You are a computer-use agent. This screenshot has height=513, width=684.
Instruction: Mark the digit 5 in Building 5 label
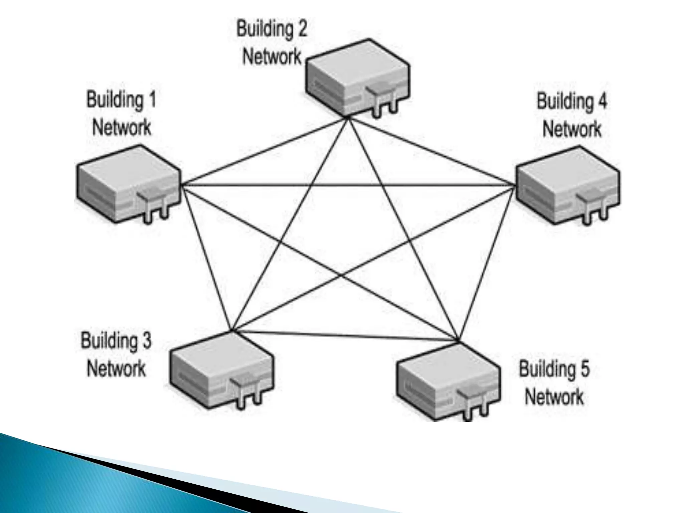[585, 369]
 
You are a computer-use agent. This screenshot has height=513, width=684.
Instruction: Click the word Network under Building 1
[122, 128]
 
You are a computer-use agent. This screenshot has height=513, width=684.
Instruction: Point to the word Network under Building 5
[554, 397]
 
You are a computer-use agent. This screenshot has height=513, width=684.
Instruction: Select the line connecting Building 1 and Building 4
[347, 185]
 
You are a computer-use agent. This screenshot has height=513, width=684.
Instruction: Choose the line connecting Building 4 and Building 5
[486, 264]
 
